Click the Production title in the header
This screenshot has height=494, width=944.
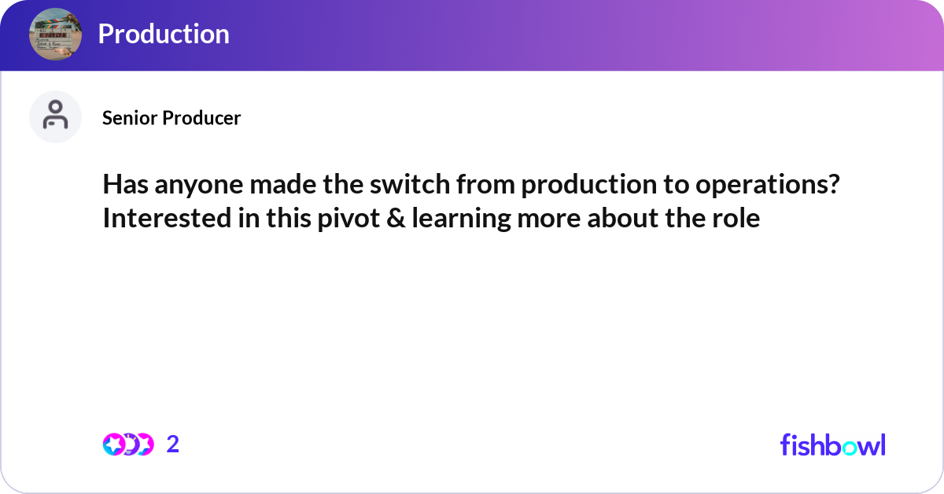click(164, 34)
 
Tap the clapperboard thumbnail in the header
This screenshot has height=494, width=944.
click(55, 34)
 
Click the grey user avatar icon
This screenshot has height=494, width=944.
click(55, 116)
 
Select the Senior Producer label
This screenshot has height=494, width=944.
click(171, 118)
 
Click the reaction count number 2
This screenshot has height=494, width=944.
click(173, 444)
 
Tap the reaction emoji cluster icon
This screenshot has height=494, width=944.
click(127, 444)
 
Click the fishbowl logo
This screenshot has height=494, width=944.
click(832, 444)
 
